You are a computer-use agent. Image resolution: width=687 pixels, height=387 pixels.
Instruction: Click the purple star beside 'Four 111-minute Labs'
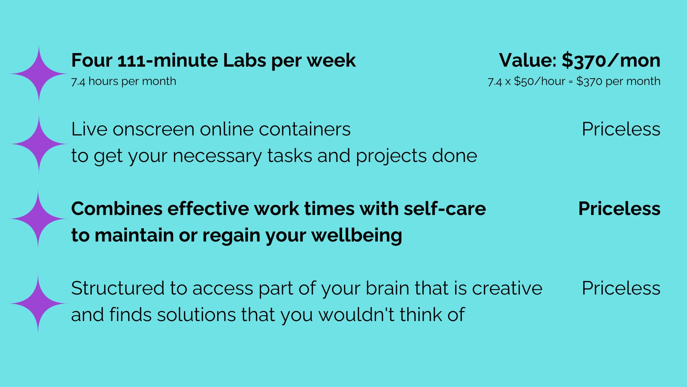click(x=39, y=74)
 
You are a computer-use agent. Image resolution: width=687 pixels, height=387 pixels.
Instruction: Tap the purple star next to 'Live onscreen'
click(x=39, y=144)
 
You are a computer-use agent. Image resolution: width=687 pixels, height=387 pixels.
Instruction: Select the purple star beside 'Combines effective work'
click(x=38, y=219)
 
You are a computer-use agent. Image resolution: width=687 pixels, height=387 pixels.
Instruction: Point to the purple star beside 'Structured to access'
click(x=38, y=304)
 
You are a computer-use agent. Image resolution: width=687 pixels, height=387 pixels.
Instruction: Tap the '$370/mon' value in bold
click(x=611, y=60)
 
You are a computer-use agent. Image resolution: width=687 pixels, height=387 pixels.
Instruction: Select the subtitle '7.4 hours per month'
click(x=123, y=81)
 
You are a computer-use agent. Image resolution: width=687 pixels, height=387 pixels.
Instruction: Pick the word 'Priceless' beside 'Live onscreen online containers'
click(x=621, y=129)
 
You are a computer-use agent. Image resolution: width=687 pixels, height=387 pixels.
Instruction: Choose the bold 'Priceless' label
click(x=619, y=209)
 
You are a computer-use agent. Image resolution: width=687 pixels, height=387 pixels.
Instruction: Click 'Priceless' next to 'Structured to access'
click(x=621, y=288)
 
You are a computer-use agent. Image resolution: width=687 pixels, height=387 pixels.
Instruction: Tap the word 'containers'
click(x=304, y=129)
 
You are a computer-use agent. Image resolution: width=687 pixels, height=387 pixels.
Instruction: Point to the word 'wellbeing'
click(x=357, y=235)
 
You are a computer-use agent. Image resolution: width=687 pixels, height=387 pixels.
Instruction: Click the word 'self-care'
click(x=445, y=209)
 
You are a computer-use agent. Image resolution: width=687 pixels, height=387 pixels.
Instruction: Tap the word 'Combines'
click(x=117, y=209)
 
